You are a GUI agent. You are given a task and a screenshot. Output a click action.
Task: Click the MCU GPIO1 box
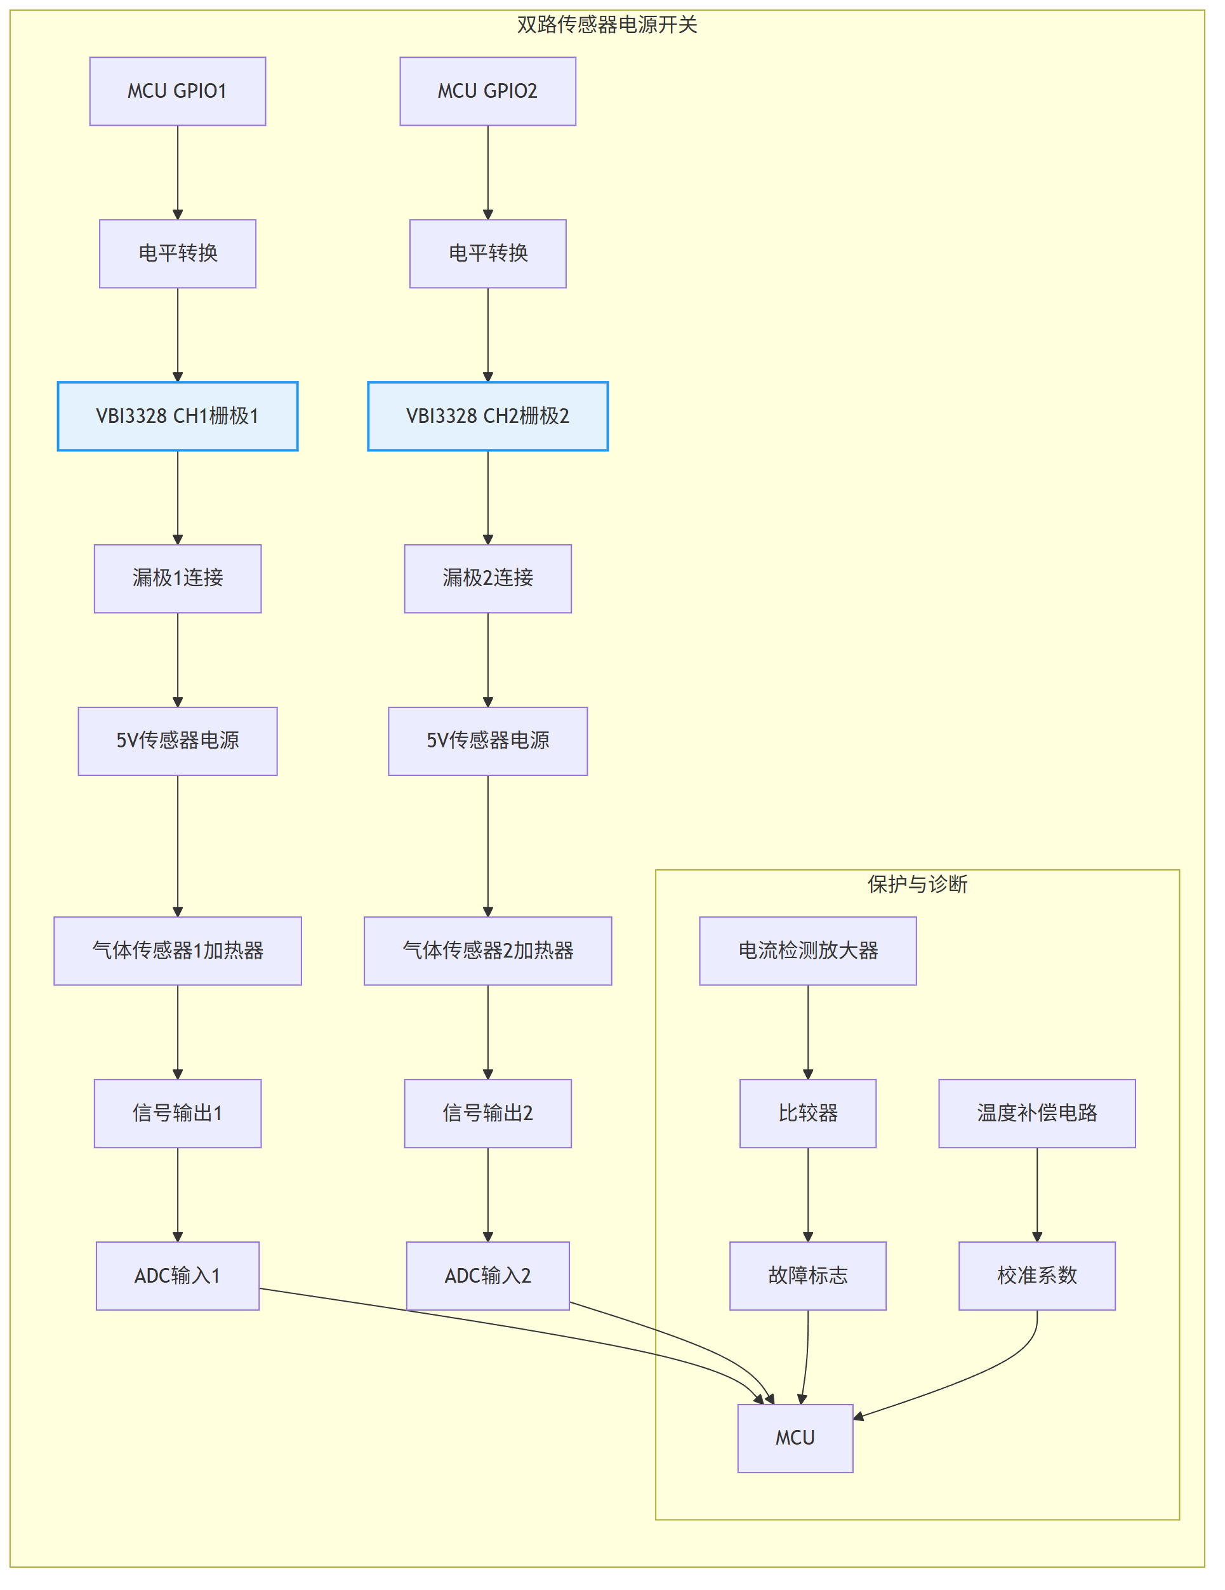[178, 91]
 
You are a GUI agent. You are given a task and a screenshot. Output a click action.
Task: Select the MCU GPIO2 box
[487, 91]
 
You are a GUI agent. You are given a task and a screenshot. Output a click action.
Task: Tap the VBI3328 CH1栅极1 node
[178, 417]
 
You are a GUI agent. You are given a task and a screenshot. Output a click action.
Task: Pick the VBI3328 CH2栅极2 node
[487, 417]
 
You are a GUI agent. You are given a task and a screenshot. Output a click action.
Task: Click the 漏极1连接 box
[178, 578]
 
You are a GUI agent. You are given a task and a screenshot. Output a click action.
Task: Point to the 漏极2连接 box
[487, 578]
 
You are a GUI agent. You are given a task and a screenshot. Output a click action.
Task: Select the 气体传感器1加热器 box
[178, 951]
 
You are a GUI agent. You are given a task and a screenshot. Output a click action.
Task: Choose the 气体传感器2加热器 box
[487, 951]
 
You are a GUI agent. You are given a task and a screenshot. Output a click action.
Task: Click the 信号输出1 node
[178, 1113]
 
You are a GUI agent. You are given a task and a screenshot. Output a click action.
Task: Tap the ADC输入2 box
[487, 1276]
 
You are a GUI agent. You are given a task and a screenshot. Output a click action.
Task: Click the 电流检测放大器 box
[808, 951]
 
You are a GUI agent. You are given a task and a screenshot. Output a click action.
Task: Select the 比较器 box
[808, 1113]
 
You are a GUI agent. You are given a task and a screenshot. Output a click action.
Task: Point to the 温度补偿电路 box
[1037, 1113]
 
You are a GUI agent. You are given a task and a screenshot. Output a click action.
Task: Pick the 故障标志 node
[808, 1276]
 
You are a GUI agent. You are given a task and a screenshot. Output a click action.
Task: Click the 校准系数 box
[1037, 1276]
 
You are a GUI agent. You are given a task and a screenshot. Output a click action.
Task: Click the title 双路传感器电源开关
[607, 25]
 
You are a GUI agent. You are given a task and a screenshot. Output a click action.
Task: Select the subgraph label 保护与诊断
[917, 885]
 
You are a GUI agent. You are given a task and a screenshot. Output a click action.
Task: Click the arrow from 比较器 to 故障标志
[808, 1194]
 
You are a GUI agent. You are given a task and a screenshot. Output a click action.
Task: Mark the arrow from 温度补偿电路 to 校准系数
[1037, 1194]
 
